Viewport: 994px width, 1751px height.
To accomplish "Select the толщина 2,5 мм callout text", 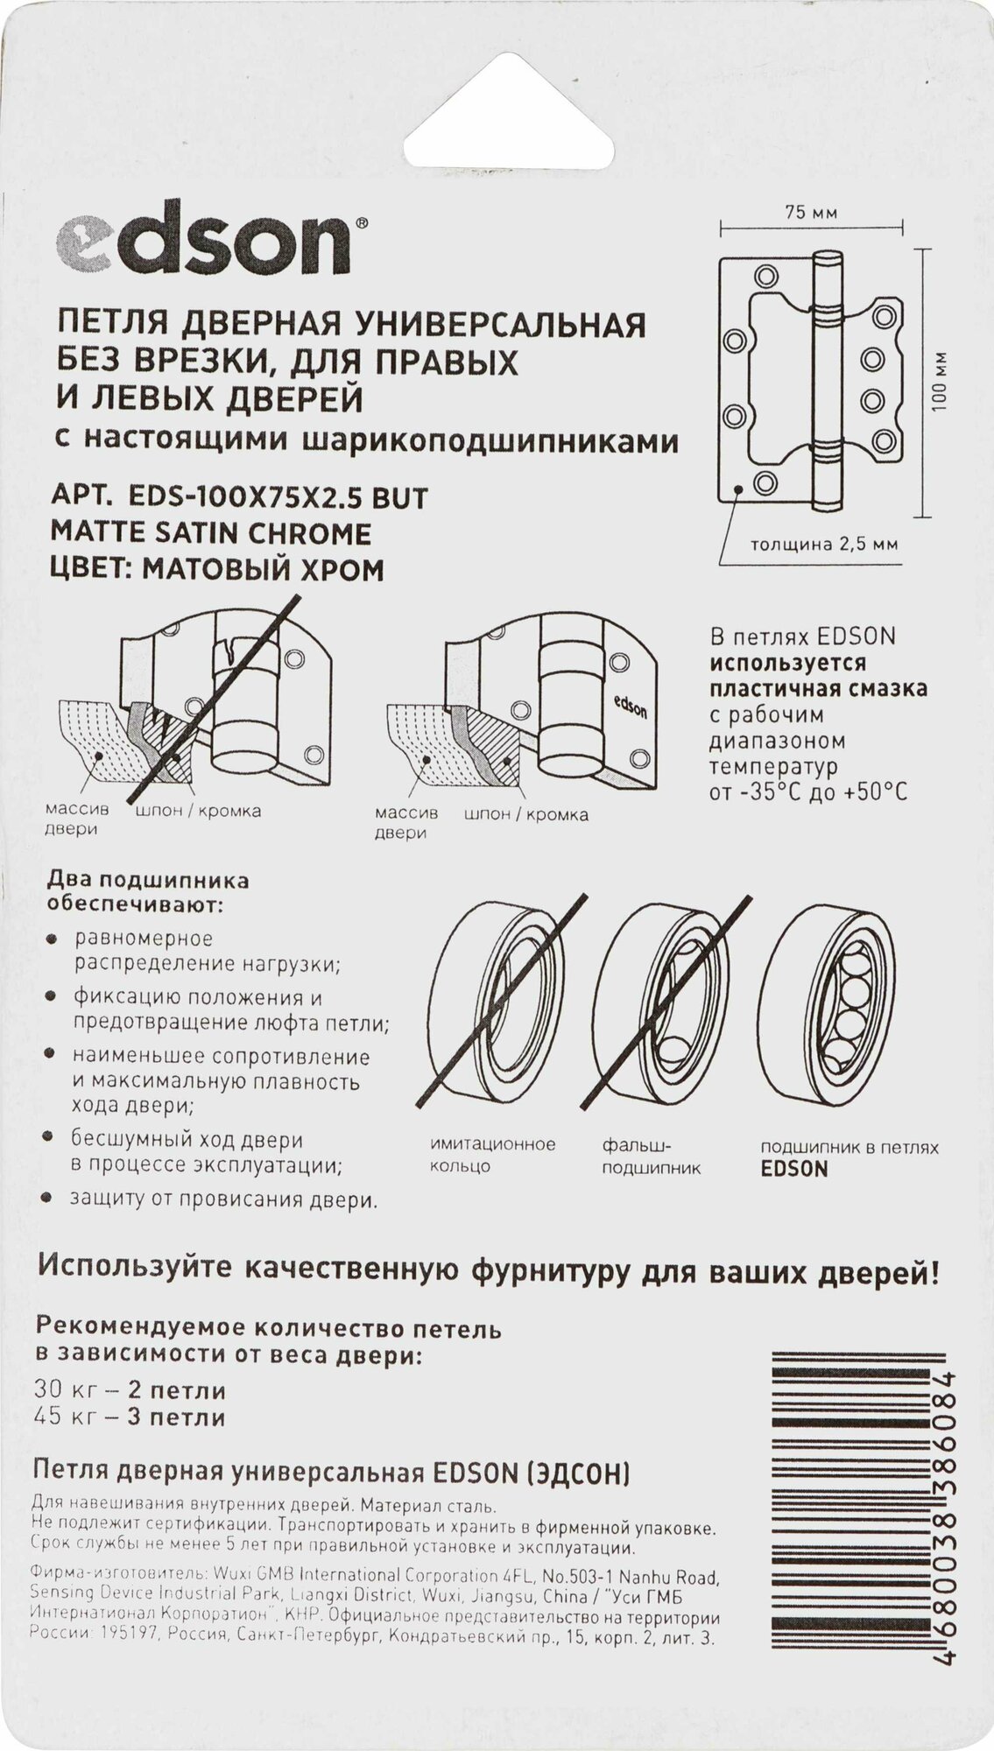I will tap(823, 544).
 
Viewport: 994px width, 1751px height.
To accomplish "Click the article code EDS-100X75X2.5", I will tap(276, 497).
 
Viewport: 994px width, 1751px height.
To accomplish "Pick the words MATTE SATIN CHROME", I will tap(211, 533).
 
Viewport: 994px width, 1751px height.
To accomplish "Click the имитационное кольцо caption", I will tap(493, 1155).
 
